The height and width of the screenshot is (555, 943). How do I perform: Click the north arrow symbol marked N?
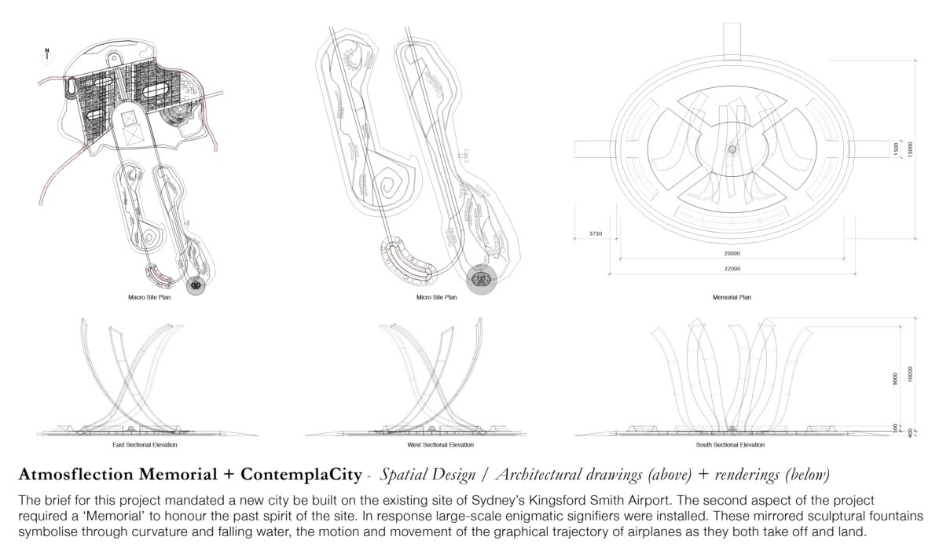click(47, 54)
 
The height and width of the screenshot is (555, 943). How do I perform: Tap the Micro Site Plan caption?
click(436, 298)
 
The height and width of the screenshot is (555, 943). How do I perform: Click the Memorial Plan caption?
click(732, 298)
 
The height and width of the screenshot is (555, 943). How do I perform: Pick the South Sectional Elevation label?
click(731, 445)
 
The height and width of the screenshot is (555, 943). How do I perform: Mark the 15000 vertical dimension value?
click(910, 149)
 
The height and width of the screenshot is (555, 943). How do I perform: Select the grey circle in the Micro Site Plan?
click(482, 278)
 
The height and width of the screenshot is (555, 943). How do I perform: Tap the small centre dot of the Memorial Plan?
click(732, 149)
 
